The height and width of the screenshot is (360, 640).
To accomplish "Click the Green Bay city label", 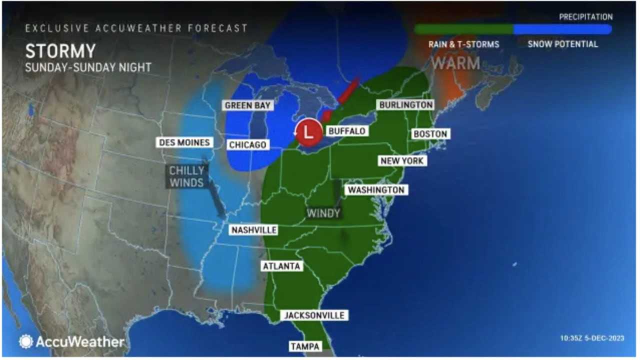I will click(247, 105).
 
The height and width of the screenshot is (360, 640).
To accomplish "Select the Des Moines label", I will click(184, 142).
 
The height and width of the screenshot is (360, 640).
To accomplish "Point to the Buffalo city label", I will click(346, 131).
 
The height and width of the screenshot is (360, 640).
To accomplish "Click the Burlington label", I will click(405, 105).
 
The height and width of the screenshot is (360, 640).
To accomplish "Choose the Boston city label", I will click(429, 134).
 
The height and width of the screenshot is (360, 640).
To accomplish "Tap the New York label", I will click(402, 160).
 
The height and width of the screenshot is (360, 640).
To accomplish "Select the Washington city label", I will click(376, 190).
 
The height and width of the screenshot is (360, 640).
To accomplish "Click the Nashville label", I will click(253, 230).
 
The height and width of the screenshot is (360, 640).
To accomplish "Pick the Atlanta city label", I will click(281, 266).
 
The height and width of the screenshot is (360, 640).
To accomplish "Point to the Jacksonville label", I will click(314, 315).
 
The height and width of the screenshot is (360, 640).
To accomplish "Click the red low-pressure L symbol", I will click(308, 133).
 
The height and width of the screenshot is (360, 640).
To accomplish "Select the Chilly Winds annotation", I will click(186, 176).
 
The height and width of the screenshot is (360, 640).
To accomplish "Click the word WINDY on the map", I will click(323, 213).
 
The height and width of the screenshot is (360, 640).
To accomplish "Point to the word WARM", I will click(455, 63).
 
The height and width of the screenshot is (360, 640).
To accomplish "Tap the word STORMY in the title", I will click(60, 51).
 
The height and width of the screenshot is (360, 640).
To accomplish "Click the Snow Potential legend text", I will click(562, 44).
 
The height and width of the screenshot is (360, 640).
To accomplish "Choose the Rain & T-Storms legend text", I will click(463, 44).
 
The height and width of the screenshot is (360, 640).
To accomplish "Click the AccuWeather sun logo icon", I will click(26, 341).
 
